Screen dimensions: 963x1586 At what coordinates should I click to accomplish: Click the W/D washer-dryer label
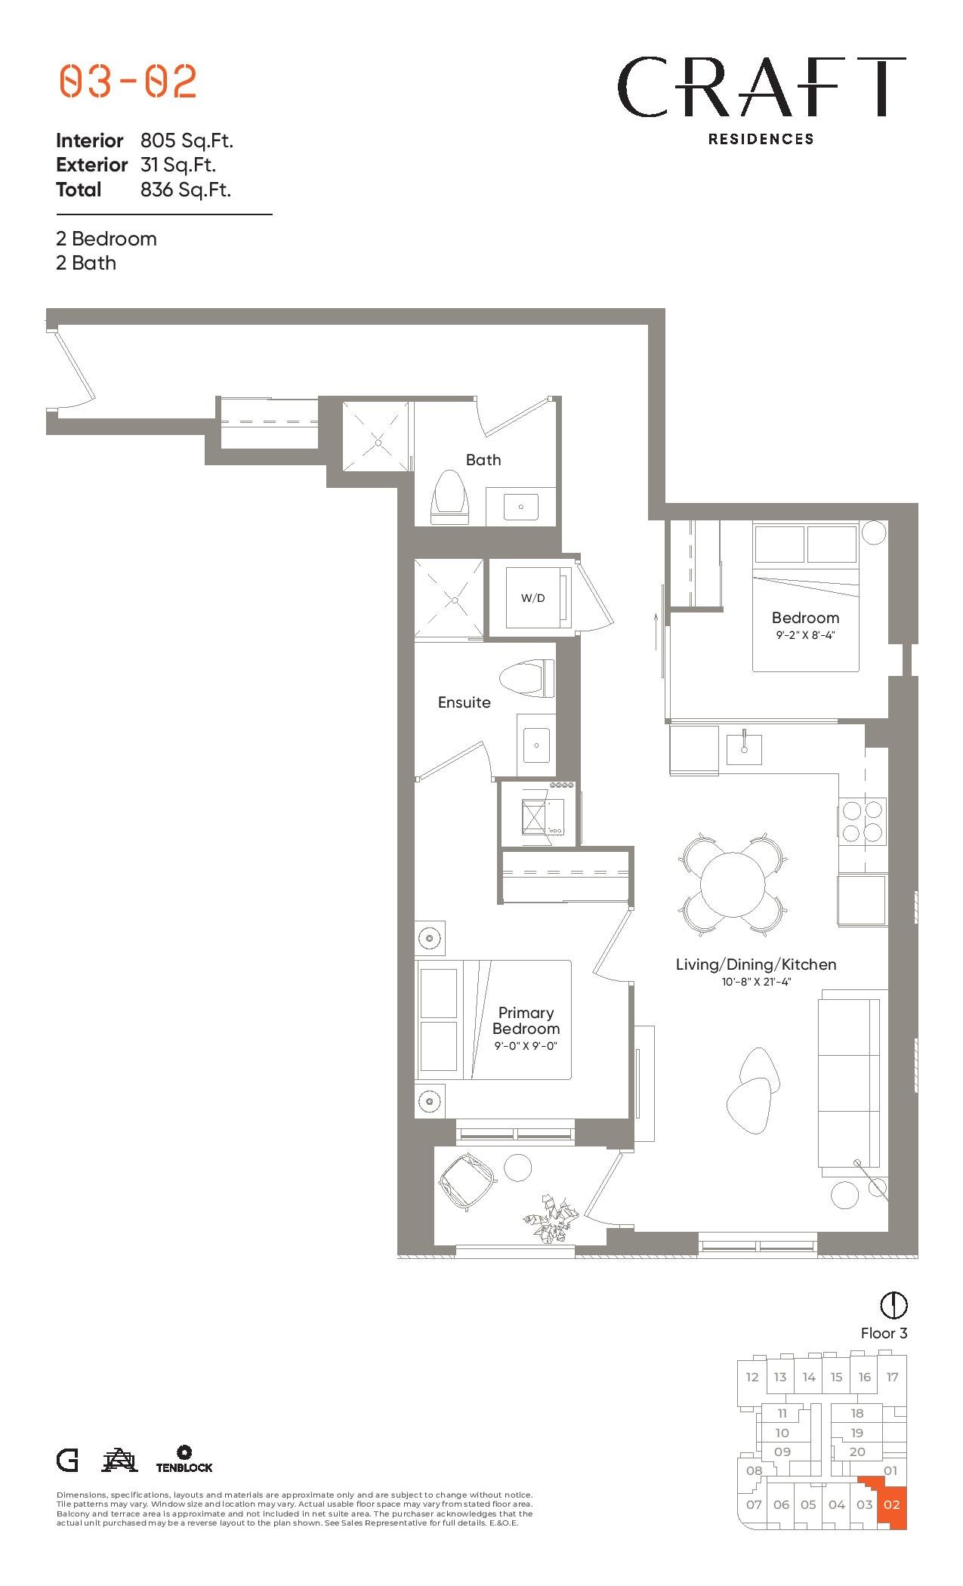(532, 598)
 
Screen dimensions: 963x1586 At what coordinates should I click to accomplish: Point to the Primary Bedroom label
(526, 1020)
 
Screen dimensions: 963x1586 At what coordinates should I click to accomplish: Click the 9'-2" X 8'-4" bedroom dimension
(805, 635)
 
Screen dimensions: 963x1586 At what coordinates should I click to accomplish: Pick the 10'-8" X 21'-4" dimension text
(755, 982)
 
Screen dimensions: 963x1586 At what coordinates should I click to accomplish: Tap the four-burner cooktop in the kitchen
(863, 821)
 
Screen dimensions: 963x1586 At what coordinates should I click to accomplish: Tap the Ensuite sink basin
(537, 746)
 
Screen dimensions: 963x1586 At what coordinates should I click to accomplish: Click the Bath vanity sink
(520, 507)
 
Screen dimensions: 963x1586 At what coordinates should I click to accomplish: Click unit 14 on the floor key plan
(809, 1377)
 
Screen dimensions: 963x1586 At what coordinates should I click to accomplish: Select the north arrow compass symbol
(894, 1304)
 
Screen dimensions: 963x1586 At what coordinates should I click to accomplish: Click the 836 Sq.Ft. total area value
(186, 190)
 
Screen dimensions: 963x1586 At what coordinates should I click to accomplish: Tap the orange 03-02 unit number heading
(128, 81)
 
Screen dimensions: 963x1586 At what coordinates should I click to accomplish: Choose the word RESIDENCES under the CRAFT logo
(761, 139)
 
